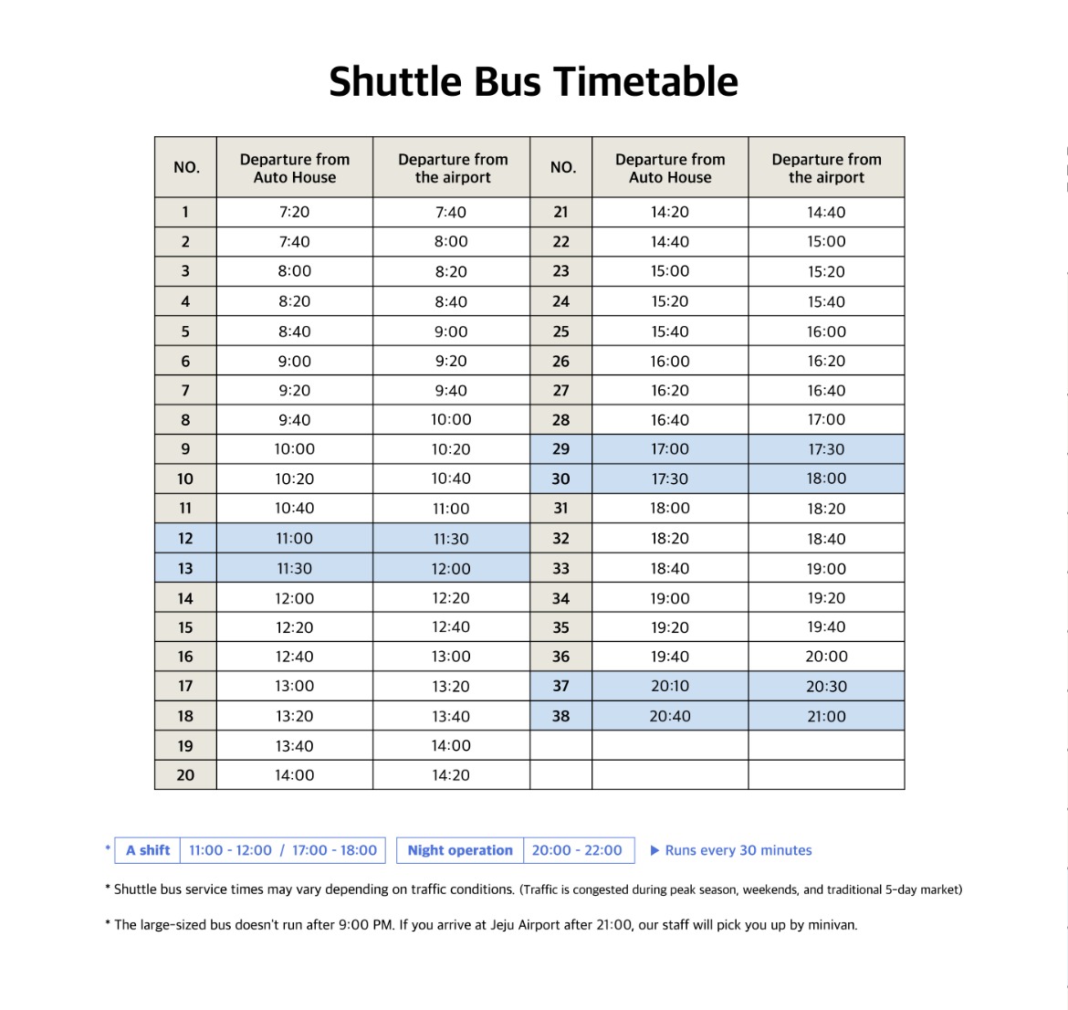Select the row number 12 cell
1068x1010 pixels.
click(x=185, y=539)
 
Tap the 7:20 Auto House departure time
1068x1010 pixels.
click(x=294, y=212)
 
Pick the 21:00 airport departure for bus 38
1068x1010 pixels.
click(x=826, y=716)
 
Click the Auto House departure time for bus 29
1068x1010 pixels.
click(x=670, y=449)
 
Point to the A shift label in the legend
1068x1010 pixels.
click(x=148, y=850)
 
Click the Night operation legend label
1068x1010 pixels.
click(x=460, y=850)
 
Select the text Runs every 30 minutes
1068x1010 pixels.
click(x=738, y=850)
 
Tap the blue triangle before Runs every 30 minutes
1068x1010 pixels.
click(x=654, y=850)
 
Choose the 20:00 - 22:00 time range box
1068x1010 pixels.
click(x=577, y=850)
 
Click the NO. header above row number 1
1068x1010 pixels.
click(x=186, y=167)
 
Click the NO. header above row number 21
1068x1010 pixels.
click(x=562, y=167)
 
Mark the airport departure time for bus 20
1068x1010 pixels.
click(x=451, y=775)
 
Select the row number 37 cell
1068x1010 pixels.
click(x=560, y=686)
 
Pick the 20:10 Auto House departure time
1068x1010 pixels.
click(x=670, y=686)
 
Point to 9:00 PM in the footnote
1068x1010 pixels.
click(x=365, y=924)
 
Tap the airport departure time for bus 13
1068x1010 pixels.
click(x=451, y=569)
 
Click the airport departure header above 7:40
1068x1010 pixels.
click(x=453, y=168)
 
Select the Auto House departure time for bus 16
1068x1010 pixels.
click(x=294, y=657)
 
